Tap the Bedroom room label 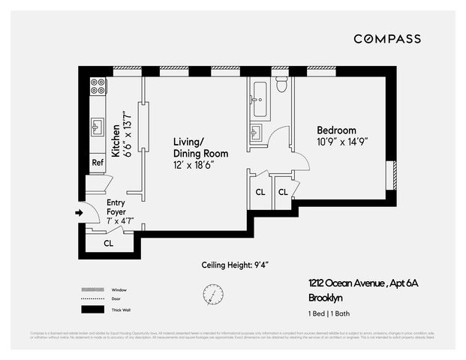(x=335, y=130)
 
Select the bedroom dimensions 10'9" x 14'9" (x=341, y=141)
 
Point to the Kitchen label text (x=116, y=139)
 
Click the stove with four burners (x=98, y=86)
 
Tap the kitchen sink (x=98, y=125)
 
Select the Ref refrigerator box (x=98, y=163)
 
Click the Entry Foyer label (x=116, y=208)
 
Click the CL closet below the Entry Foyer (x=108, y=243)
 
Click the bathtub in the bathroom (x=260, y=98)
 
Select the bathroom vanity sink (x=256, y=133)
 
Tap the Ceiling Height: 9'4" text (x=235, y=265)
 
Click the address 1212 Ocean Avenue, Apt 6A (x=361, y=283)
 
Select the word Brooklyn (x=326, y=296)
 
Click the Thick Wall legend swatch (x=92, y=310)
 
